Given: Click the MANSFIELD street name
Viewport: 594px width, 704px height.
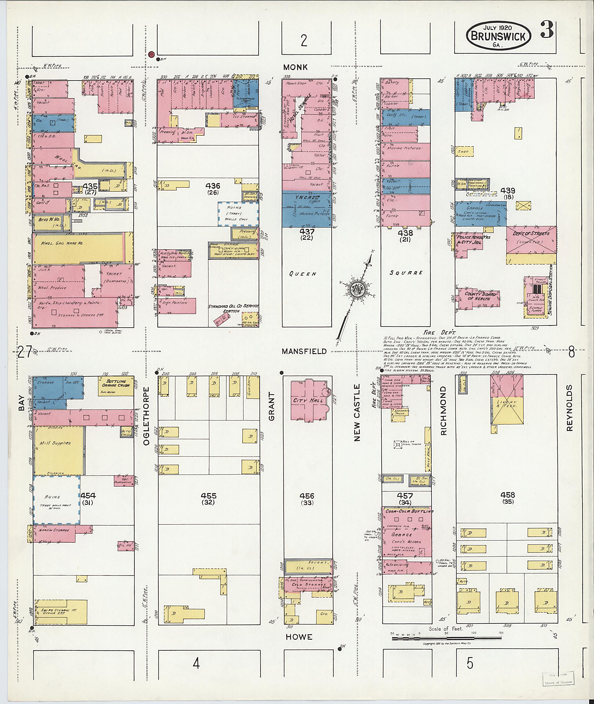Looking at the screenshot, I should pos(304,351).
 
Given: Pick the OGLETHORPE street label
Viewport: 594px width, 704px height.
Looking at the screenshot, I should pos(146,416).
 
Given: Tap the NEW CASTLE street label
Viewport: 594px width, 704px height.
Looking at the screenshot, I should pos(357,412).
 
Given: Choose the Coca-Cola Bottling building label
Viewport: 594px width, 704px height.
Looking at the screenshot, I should pos(409,512).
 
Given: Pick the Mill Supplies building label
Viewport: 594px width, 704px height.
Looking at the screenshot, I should pos(55,443).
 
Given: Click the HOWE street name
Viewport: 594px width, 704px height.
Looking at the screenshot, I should pos(299,637).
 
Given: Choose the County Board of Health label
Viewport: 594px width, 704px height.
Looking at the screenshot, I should pos(481,296).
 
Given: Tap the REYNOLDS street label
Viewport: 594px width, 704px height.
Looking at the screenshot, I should pos(569,408).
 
